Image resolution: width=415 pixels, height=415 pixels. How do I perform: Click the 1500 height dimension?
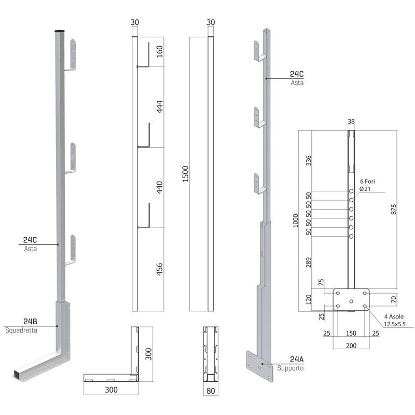(186, 174)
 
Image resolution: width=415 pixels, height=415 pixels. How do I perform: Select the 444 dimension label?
(160, 107)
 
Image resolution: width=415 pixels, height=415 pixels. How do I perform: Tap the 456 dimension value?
(160, 269)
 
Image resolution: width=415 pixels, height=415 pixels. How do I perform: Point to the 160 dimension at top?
(160, 51)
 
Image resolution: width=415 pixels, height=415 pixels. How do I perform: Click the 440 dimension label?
(160, 187)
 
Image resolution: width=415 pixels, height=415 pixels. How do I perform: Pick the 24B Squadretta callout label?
(21, 326)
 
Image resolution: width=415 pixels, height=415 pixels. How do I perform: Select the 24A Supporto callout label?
(290, 364)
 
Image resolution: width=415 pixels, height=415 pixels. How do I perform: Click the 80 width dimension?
(211, 391)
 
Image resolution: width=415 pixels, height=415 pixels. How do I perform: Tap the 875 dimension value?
(394, 209)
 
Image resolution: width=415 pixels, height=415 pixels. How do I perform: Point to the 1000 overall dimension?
(295, 220)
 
